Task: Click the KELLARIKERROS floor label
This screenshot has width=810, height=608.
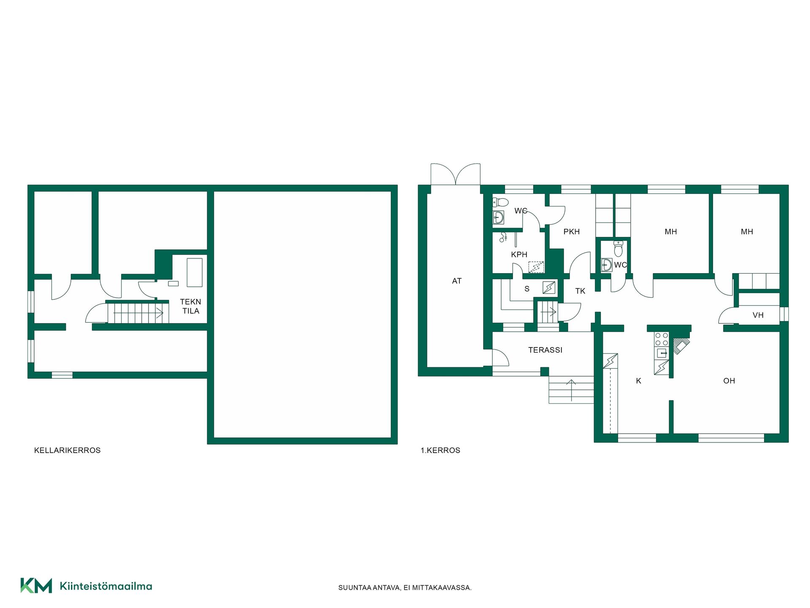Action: tap(67, 451)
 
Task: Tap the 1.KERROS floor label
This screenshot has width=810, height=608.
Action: tap(440, 451)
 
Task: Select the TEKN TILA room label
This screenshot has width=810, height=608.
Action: tap(191, 307)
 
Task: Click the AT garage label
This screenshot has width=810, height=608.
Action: tap(457, 281)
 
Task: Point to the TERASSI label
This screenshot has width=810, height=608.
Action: tap(545, 350)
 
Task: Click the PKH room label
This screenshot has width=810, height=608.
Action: tap(572, 232)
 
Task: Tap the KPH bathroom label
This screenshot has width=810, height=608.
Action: tap(519, 255)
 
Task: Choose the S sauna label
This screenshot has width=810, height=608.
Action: tap(527, 289)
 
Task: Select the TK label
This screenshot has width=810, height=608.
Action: tap(580, 291)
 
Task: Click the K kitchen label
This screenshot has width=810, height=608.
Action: tap(639, 381)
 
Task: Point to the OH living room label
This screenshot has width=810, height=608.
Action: tap(729, 381)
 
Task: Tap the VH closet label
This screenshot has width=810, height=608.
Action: tap(758, 315)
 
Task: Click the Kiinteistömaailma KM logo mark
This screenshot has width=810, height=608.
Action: tap(36, 586)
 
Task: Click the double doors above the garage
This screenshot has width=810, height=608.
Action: tap(456, 174)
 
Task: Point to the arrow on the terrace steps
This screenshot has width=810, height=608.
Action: tap(571, 390)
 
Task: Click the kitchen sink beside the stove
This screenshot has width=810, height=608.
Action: tap(661, 353)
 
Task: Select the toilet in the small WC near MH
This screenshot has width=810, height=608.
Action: tap(618, 249)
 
